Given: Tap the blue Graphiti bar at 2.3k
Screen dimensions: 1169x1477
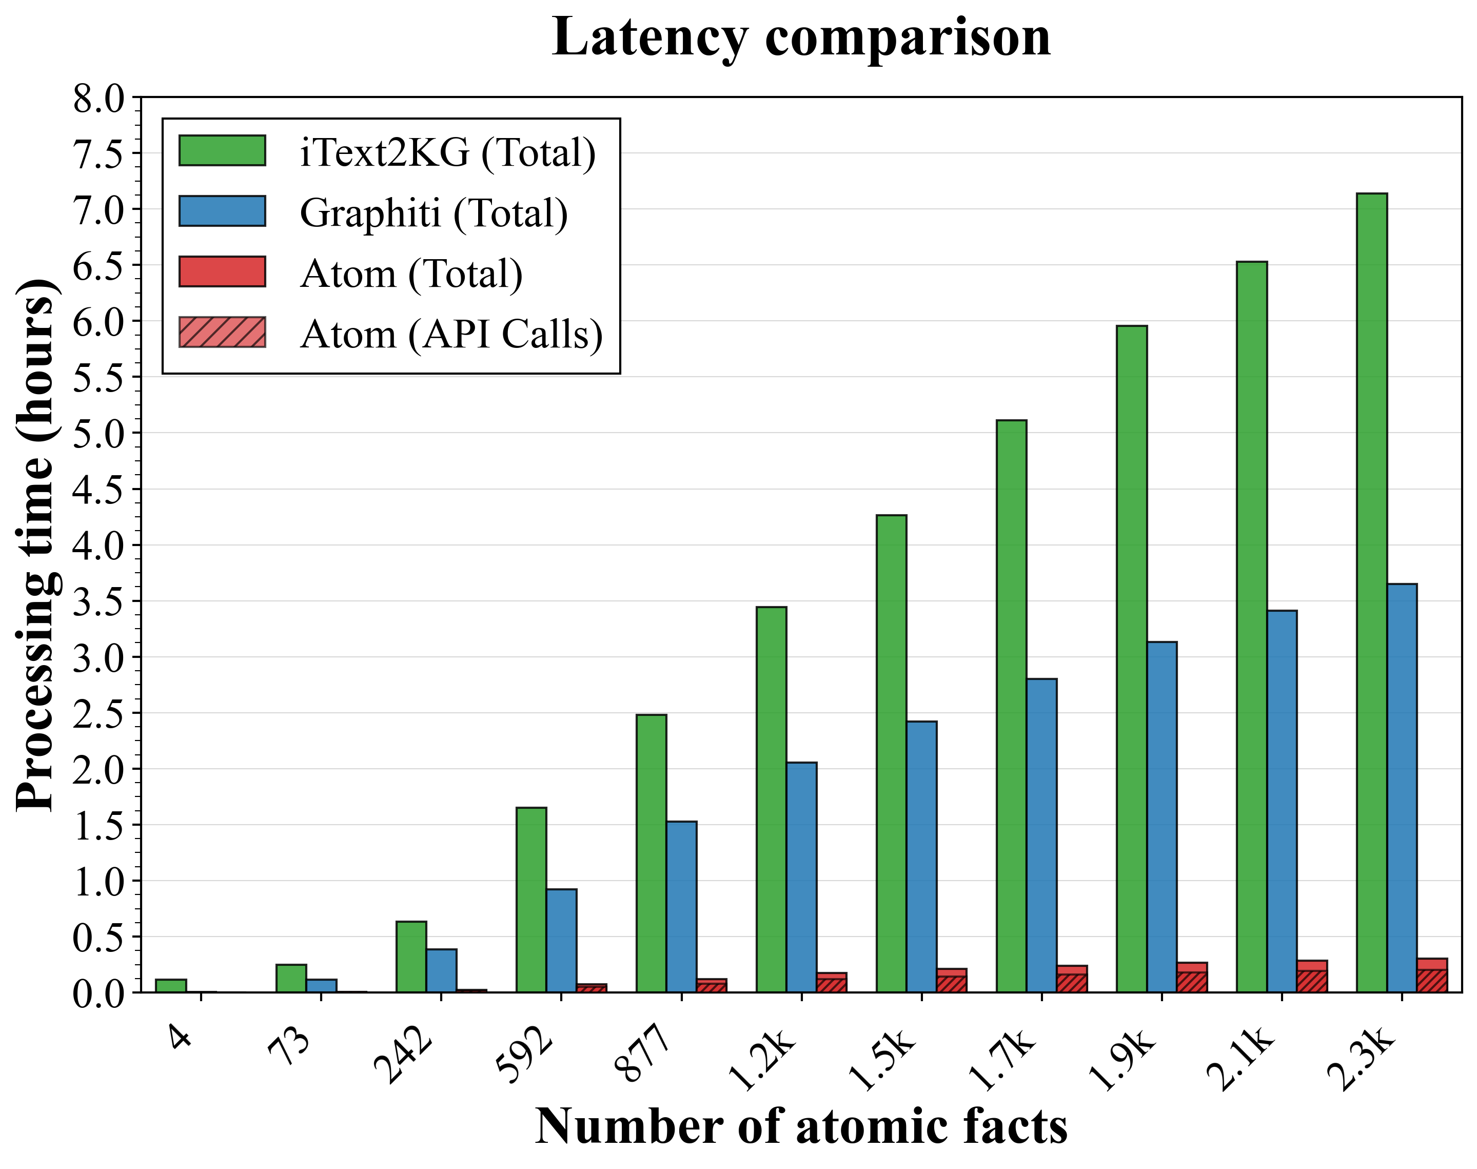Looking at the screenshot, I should [1401, 787].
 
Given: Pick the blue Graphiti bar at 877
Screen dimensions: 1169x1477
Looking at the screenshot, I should [681, 906].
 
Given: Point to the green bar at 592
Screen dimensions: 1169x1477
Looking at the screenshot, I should [531, 900].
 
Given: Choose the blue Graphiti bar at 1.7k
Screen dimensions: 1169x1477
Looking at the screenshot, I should [1041, 835].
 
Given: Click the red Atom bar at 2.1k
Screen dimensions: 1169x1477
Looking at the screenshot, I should [1311, 977].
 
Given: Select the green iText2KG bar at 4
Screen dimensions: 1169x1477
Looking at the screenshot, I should [171, 986].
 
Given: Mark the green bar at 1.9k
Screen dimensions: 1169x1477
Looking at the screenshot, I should [1132, 658].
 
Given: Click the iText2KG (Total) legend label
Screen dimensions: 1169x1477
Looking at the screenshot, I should [447, 152].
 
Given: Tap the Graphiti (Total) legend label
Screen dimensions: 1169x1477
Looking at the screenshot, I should [434, 213].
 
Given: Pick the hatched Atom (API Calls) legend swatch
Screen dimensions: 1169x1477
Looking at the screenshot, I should [222, 333].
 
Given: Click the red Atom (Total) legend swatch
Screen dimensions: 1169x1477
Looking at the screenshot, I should [222, 271].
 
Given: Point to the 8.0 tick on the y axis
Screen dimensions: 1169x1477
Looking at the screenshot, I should [99, 99].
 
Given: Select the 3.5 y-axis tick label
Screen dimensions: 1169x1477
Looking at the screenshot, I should [99, 601].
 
